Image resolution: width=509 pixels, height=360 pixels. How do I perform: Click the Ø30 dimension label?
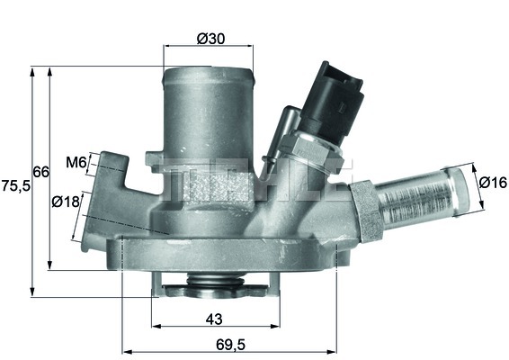[x=211, y=38]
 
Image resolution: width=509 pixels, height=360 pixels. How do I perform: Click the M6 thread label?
[x=76, y=163]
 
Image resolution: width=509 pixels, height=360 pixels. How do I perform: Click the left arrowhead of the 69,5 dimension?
[x=124, y=349]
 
